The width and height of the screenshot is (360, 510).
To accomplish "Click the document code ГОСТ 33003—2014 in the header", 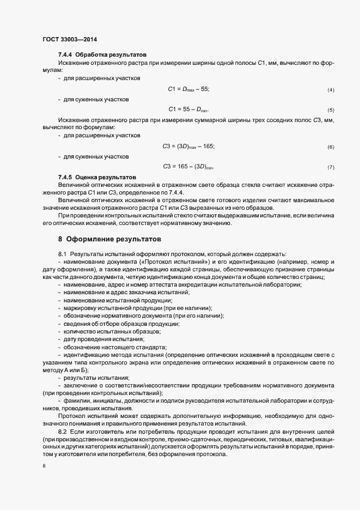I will (x=69, y=39).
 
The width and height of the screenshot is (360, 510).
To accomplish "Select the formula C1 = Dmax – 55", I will (x=188, y=89).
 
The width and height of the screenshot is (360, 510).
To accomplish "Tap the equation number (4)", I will (x=331, y=89).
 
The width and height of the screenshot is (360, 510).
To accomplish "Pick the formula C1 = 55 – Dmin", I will (x=188, y=109).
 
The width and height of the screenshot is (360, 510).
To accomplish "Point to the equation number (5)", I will (x=331, y=110).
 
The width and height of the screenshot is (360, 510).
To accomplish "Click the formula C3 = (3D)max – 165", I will (x=188, y=146).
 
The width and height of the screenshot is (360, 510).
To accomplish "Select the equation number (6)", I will (x=331, y=147).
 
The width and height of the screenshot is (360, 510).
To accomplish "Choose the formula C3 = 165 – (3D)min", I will (x=188, y=166).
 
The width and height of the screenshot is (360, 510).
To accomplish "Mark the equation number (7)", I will (x=331, y=167).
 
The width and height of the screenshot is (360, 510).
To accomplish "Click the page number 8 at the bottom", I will (x=44, y=465).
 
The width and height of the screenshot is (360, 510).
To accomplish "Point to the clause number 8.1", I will (x=62, y=254).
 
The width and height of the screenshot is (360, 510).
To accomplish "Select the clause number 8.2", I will (x=62, y=431).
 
